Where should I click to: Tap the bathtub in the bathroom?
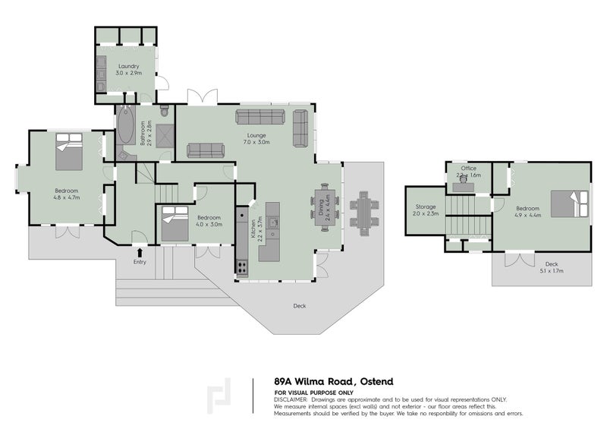point(125,126)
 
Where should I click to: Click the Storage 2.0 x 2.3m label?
point(424,211)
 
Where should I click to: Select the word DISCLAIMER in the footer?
point(291,399)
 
